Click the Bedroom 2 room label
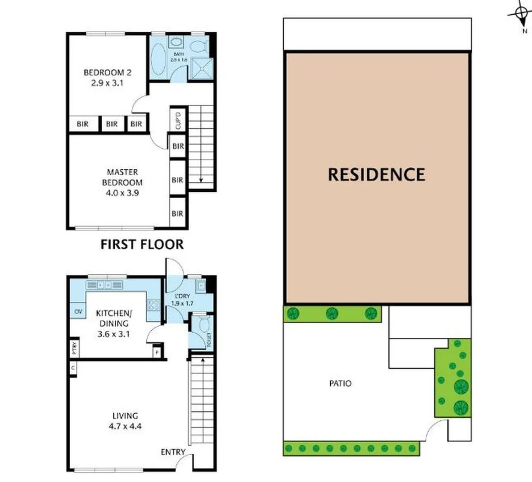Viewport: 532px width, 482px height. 108,72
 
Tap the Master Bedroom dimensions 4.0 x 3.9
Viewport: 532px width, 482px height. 122,193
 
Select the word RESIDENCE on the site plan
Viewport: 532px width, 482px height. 376,175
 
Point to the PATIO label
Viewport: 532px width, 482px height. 340,383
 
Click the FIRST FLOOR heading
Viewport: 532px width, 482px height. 142,245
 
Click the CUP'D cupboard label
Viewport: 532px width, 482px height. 178,120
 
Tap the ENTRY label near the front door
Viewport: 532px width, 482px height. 173,452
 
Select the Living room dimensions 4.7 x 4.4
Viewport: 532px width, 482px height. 125,426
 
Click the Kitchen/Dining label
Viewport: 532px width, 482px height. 112,318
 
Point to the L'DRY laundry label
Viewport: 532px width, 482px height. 182,296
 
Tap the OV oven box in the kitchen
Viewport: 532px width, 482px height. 78,311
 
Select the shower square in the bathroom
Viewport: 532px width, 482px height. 203,68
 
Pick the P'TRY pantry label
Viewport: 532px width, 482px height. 74,348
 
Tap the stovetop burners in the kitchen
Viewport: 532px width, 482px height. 154,305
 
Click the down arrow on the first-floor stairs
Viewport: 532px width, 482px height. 201,180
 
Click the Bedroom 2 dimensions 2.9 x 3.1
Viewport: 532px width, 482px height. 108,83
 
